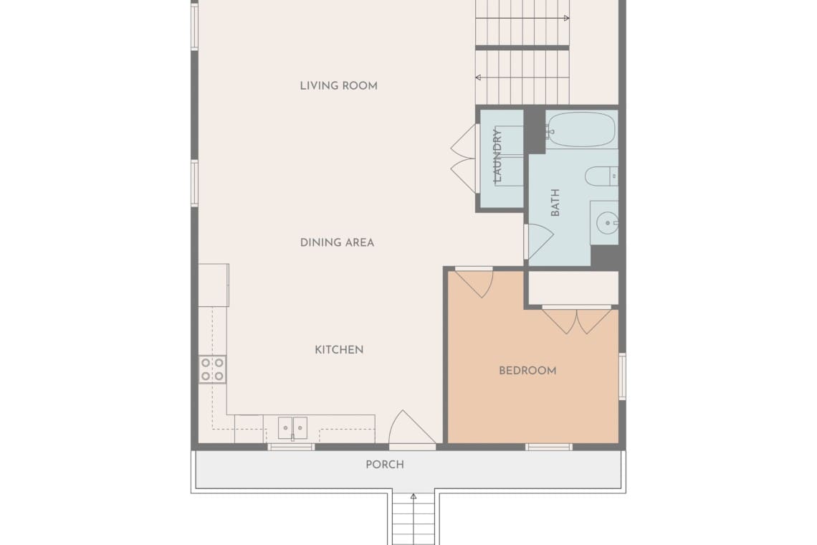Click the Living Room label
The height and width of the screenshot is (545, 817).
click(x=339, y=85)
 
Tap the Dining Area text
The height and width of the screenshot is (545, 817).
click(x=337, y=242)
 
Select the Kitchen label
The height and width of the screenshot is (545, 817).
click(x=339, y=350)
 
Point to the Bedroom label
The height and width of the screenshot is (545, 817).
click(x=527, y=371)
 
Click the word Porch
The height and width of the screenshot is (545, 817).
click(x=385, y=465)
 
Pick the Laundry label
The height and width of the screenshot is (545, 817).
click(x=497, y=156)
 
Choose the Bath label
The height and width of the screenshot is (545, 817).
click(x=555, y=203)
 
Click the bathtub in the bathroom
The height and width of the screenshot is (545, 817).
click(x=581, y=129)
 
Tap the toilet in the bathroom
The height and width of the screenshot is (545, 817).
click(x=601, y=176)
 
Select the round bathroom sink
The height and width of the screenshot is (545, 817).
click(x=607, y=223)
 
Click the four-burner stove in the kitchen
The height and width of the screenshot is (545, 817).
click(x=213, y=369)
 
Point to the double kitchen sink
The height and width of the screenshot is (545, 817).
click(x=292, y=428)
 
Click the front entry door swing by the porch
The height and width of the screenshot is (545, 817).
click(x=412, y=427)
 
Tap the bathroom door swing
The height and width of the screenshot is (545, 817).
click(x=539, y=242)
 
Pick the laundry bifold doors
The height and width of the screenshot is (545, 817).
click(x=464, y=158)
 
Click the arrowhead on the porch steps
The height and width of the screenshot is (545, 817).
click(x=414, y=496)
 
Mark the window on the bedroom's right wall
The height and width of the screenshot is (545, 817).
click(x=622, y=376)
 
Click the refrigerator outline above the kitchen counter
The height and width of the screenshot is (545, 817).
click(x=214, y=285)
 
